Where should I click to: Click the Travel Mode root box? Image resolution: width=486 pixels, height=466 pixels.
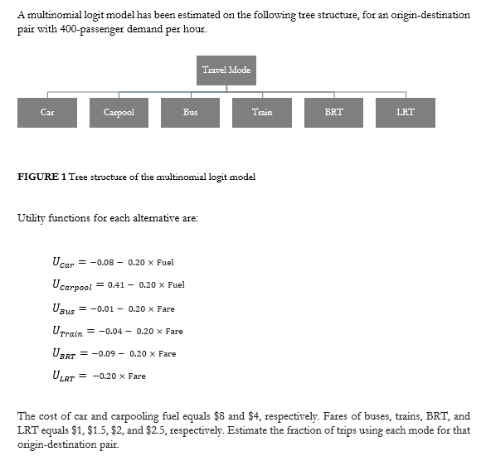[226, 70]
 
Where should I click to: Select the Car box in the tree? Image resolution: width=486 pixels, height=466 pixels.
[47, 112]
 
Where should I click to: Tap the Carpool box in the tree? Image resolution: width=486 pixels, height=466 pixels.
[119, 112]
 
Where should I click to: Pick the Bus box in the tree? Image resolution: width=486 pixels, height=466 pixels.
[191, 112]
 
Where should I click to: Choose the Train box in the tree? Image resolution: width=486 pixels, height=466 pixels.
[262, 112]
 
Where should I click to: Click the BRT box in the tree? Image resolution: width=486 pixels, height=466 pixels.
[333, 112]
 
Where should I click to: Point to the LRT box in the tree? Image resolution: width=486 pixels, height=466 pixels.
[405, 112]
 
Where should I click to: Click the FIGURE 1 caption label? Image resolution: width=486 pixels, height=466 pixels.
[41, 177]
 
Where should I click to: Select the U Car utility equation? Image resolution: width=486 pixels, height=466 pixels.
[113, 263]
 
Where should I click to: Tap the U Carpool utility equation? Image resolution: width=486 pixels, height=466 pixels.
[118, 285]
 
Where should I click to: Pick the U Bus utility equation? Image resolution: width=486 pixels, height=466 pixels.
[114, 308]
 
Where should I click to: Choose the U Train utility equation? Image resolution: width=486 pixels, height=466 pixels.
[117, 331]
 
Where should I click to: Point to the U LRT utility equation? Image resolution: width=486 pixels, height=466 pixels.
[99, 376]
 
